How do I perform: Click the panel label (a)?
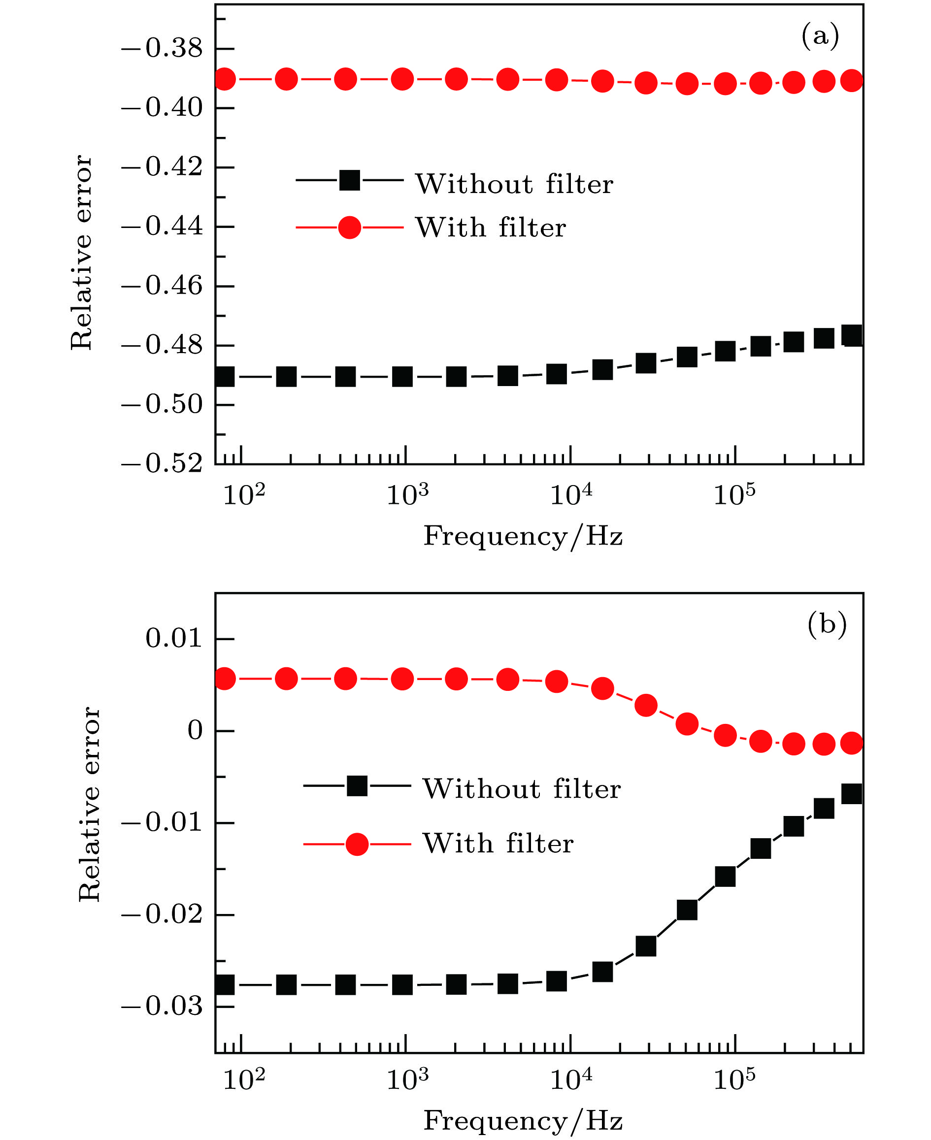click(820, 37)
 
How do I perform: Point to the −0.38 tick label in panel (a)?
click(162, 49)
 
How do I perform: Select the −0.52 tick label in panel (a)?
click(162, 464)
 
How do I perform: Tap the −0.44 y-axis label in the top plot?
click(162, 227)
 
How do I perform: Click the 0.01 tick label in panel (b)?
click(174, 639)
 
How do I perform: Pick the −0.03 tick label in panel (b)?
click(162, 1007)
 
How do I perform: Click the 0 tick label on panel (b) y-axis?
click(195, 731)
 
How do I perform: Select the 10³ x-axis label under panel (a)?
click(407, 494)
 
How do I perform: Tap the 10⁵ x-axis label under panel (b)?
click(734, 1080)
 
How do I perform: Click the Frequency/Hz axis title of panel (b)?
click(523, 1121)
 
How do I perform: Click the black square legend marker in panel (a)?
click(350, 180)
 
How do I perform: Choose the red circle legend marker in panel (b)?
click(357, 844)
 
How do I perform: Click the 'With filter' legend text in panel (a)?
click(491, 228)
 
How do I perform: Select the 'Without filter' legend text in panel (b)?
click(521, 789)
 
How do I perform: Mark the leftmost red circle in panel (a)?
click(225, 79)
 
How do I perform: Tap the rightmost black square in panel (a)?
click(852, 336)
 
